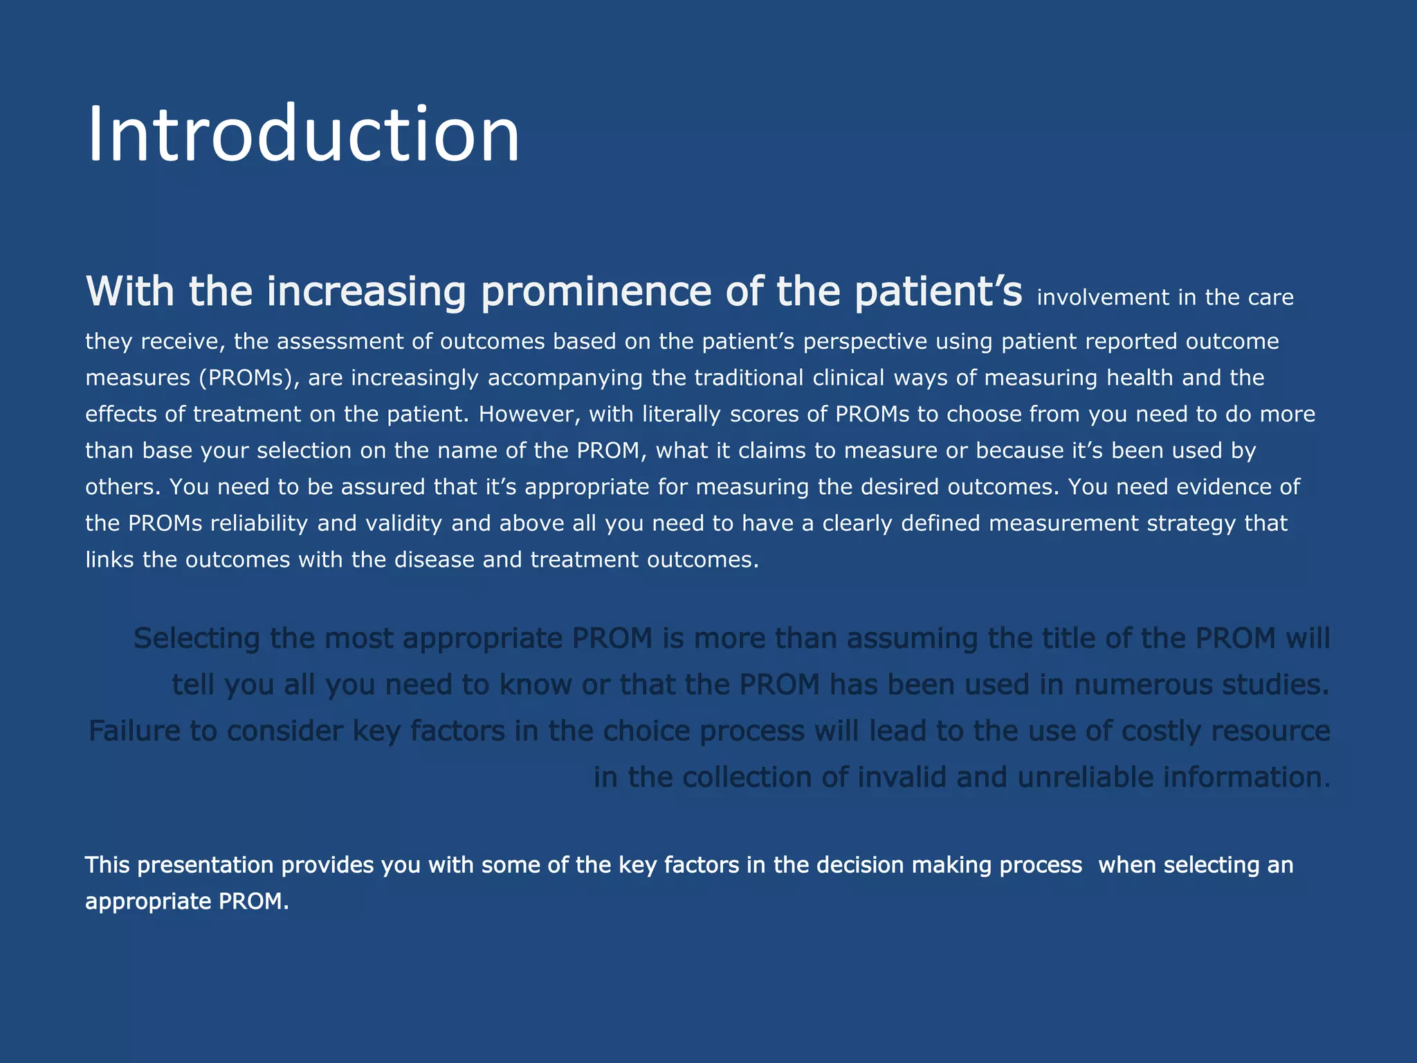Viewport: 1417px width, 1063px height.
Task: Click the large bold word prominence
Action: click(596, 291)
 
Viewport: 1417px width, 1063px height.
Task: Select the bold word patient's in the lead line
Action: click(938, 291)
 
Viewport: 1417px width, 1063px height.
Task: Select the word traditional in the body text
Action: click(749, 378)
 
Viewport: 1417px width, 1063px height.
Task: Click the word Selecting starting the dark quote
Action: click(196, 638)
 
